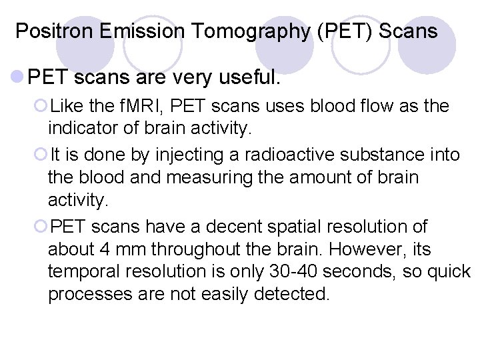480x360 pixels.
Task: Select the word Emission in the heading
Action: pyautogui.click(x=119, y=31)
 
